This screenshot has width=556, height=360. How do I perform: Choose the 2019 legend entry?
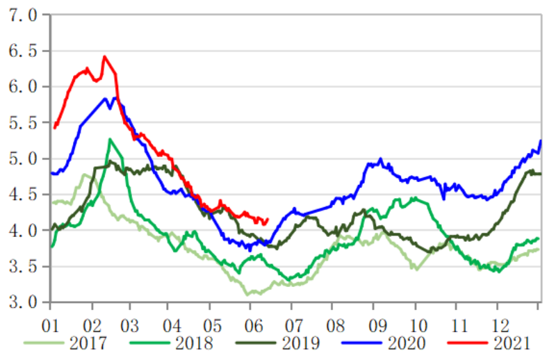300,343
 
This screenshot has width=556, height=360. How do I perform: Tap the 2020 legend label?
404,343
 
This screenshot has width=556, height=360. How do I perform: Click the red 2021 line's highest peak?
104,57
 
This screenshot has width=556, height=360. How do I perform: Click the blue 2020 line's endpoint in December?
541,141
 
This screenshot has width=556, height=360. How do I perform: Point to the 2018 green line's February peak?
110,140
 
